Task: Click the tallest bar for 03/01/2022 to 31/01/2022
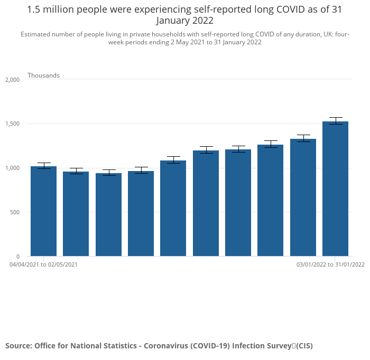(335, 190)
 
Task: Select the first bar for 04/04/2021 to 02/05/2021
(43, 211)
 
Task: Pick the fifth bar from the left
(173, 209)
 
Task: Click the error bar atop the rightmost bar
(335, 121)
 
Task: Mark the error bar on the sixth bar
(206, 150)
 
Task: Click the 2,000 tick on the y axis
(12, 80)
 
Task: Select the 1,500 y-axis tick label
(12, 124)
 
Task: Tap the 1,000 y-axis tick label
(12, 168)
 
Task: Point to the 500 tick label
(14, 212)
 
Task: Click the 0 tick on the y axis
(17, 257)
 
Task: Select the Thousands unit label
(43, 75)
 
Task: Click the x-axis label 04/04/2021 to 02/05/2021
(43, 264)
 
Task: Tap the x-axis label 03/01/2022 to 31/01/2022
(330, 264)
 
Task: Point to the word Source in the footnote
(18, 346)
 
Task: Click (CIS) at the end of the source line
(304, 346)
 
